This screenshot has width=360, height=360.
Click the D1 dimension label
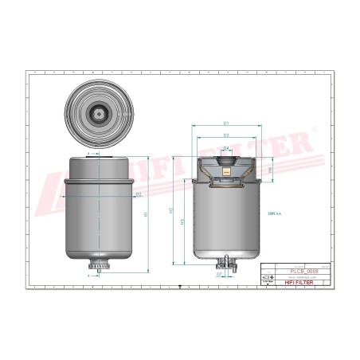coord(226,123)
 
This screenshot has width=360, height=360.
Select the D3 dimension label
coord(226,136)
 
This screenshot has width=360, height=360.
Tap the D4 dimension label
coord(226,148)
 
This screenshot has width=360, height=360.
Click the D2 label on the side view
coord(138,194)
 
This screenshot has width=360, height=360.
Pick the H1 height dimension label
coord(145,215)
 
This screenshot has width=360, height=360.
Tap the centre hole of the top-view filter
coord(98,113)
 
